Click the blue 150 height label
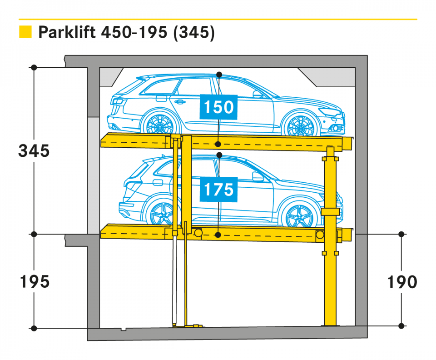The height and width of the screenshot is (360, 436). click(x=218, y=107)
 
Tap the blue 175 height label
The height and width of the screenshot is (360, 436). click(x=218, y=190)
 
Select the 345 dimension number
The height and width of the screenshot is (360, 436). click(x=34, y=151)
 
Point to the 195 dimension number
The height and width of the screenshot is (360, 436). click(x=35, y=281)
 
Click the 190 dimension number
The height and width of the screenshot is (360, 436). click(x=402, y=282)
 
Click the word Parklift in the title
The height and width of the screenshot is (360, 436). click(x=67, y=32)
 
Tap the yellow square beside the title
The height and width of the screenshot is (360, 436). click(x=25, y=32)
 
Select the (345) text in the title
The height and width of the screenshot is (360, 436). click(x=194, y=33)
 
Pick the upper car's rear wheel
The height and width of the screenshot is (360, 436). click(x=159, y=124)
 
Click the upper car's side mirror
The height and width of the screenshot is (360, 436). click(x=257, y=94)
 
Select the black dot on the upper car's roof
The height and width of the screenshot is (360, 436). click(x=219, y=75)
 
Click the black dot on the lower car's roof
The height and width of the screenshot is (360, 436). click(x=219, y=155)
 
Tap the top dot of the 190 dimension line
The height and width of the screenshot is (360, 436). click(x=401, y=234)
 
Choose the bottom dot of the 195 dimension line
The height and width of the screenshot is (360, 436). click(x=34, y=329)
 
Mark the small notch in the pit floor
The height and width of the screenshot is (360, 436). click(x=123, y=330)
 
